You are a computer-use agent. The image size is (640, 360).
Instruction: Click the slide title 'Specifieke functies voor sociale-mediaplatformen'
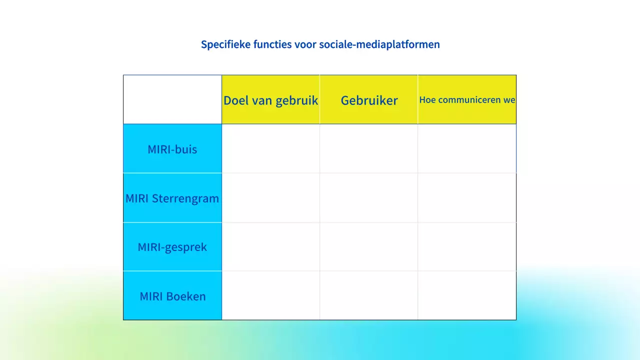[320, 44]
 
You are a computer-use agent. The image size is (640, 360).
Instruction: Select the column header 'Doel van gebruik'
[270, 100]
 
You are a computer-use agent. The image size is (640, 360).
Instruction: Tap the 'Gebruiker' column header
[369, 100]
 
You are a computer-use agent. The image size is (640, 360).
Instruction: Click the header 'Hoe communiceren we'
[467, 100]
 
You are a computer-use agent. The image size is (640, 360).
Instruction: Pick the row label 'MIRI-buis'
[172, 149]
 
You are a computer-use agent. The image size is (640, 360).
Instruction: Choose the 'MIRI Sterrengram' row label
[172, 198]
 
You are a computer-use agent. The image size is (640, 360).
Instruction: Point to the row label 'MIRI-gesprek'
[172, 247]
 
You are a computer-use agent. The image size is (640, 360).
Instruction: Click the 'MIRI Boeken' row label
[172, 296]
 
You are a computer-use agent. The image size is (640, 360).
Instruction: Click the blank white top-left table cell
[172, 99]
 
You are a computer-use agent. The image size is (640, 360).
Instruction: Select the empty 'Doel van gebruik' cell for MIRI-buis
[270, 148]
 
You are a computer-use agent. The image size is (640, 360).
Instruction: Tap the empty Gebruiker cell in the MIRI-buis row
[369, 148]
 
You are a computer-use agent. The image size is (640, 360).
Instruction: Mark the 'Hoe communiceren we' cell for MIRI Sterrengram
[467, 197]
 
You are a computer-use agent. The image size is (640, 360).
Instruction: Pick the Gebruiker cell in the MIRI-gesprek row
[369, 246]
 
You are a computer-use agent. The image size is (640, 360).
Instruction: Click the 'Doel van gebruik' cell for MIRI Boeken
[270, 295]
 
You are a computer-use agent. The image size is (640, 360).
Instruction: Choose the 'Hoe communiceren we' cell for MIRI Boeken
[467, 295]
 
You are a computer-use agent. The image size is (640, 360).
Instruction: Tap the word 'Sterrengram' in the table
[185, 198]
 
